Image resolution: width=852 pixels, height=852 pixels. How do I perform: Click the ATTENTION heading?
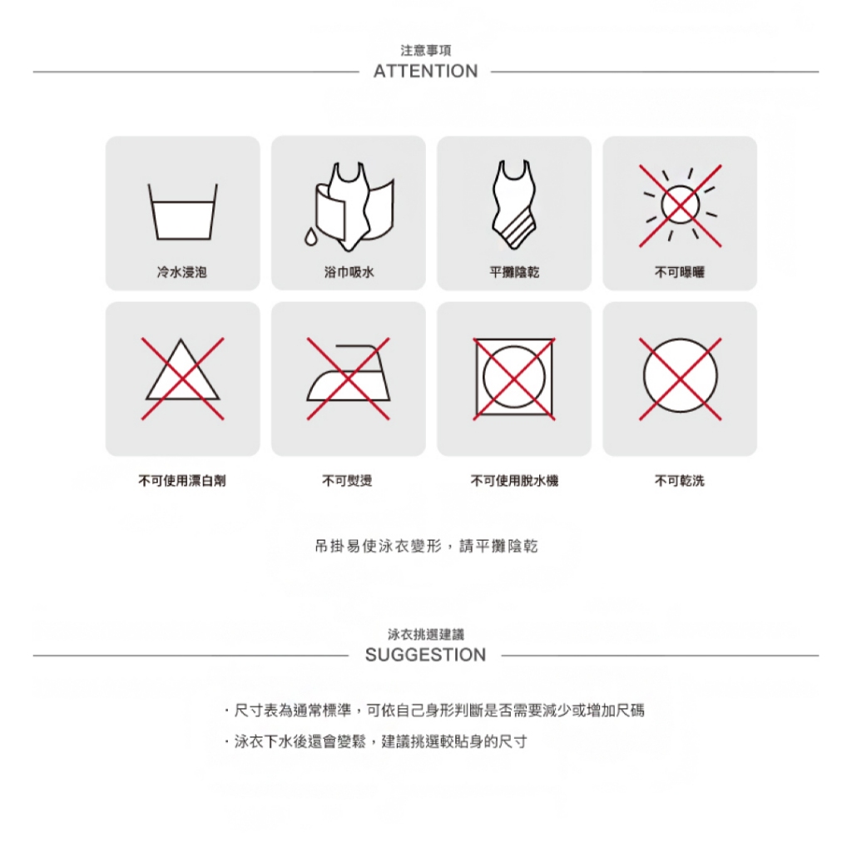tap(425, 72)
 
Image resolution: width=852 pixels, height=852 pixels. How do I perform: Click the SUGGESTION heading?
tap(425, 655)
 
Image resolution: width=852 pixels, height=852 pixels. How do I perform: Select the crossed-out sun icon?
tap(680, 206)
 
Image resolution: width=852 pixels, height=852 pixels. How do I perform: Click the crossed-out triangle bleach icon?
tap(182, 379)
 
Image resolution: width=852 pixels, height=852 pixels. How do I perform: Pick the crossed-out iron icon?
tap(349, 379)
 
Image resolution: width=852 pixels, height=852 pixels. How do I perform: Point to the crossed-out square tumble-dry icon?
tap(514, 379)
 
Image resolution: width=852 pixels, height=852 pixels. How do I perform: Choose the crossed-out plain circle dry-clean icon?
tap(680, 379)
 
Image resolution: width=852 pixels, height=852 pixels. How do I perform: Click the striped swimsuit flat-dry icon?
tap(513, 205)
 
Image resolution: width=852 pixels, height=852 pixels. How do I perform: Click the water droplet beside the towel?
tap(310, 236)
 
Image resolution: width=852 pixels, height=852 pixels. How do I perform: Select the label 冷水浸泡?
tap(182, 272)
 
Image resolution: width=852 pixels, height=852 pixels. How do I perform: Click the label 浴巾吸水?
tap(349, 272)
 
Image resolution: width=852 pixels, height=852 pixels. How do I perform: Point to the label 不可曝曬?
tap(680, 272)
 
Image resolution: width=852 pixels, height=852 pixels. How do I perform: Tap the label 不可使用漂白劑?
tap(182, 480)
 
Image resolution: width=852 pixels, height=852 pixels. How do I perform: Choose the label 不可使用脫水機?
tap(514, 480)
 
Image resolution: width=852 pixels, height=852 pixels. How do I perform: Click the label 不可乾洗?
tap(680, 480)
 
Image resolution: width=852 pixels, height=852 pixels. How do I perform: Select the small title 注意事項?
tap(425, 51)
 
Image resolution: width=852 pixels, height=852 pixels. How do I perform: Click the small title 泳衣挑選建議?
tap(425, 634)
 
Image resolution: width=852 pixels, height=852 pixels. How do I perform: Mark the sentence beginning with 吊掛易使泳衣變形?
tap(426, 546)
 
